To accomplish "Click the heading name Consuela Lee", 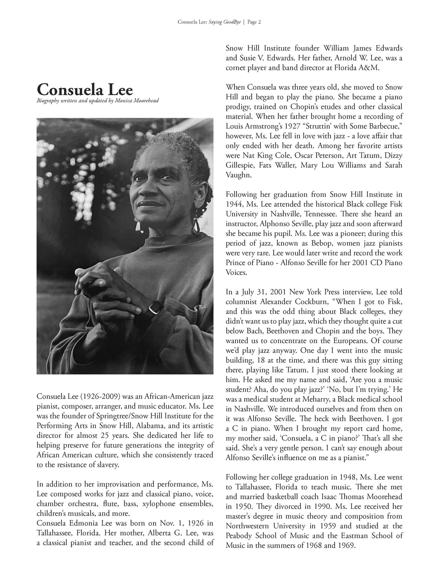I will [x=85, y=89].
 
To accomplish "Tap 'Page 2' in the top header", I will [x=254, y=22].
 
